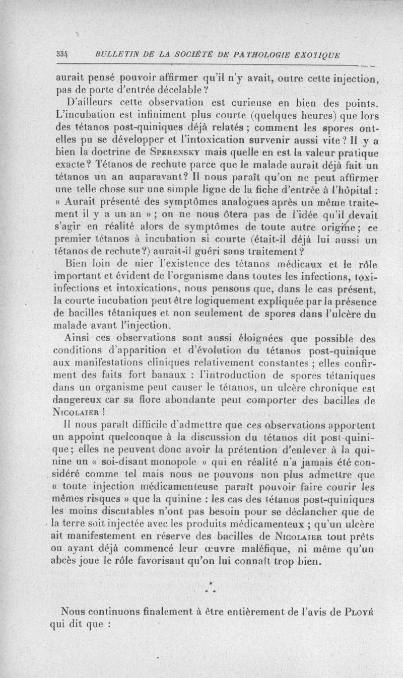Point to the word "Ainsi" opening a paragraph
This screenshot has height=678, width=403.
[79, 337]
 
